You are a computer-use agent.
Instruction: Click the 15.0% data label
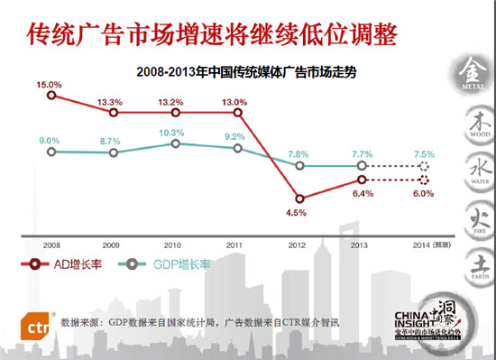coord(49,86)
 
